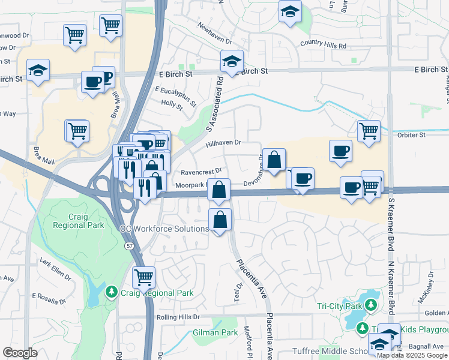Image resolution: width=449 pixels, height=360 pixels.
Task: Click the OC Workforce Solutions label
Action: coord(164,229)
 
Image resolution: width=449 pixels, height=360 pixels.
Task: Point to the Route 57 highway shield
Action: coord(129,246)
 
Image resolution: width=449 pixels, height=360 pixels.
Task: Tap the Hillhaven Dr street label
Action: coord(223,143)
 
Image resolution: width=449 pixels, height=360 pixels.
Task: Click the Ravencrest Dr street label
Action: coord(201,170)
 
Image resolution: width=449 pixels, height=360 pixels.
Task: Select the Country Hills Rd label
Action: coord(323,45)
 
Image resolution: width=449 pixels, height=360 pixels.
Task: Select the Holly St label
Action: coord(172,105)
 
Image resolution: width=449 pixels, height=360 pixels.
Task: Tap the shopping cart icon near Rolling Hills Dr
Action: coord(143,277)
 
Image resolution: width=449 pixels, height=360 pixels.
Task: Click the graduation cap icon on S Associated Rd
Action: coord(231,61)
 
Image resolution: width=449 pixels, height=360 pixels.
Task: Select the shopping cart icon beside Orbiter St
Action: coord(368,131)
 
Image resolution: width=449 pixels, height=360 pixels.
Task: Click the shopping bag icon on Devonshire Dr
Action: coord(274,160)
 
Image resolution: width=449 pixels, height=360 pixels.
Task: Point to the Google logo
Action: coord(20,353)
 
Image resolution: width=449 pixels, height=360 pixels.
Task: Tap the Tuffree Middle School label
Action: coord(328,351)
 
